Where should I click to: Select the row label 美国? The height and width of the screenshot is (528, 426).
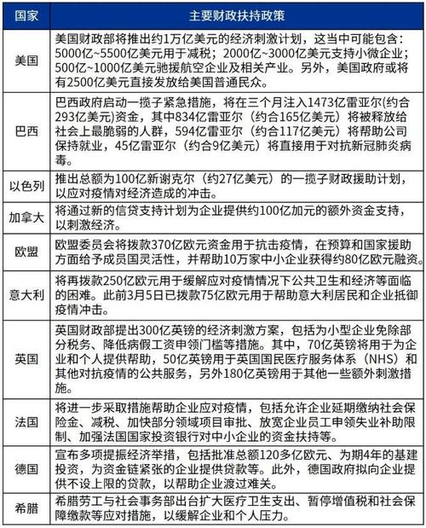[24, 61]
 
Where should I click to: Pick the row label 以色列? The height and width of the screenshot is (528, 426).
[24, 188]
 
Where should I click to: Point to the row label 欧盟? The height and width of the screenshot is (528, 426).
[24, 252]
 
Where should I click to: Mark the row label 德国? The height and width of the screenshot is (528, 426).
[24, 467]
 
